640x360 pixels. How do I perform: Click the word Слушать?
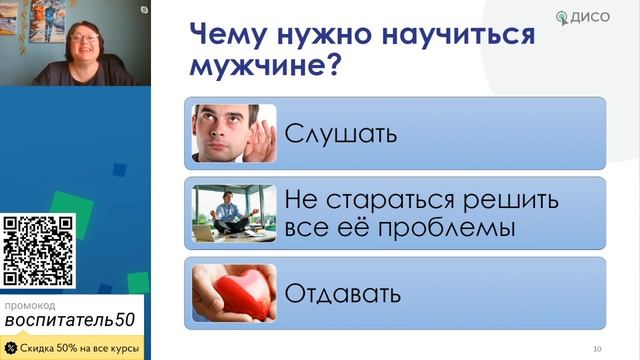[341, 133]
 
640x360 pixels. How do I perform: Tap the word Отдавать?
[343, 295]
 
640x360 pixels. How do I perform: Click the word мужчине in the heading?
[257, 70]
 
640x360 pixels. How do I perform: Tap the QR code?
[39, 251]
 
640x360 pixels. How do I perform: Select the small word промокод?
[30, 304]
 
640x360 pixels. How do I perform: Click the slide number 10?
[597, 348]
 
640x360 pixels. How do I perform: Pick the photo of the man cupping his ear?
[234, 132]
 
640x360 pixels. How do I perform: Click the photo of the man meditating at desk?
[234, 213]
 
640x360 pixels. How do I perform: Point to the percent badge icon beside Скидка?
[10, 347]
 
